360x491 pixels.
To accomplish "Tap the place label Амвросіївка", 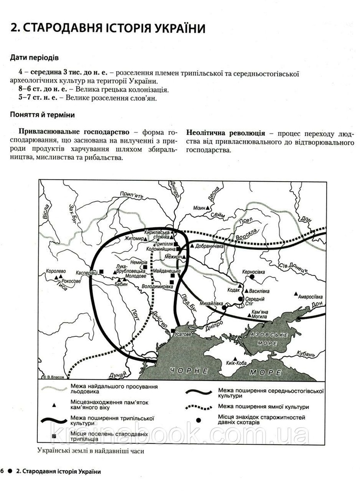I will click(309, 297).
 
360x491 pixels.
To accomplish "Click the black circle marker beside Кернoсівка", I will click(251, 277).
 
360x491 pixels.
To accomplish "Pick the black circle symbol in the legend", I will click(199, 420).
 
